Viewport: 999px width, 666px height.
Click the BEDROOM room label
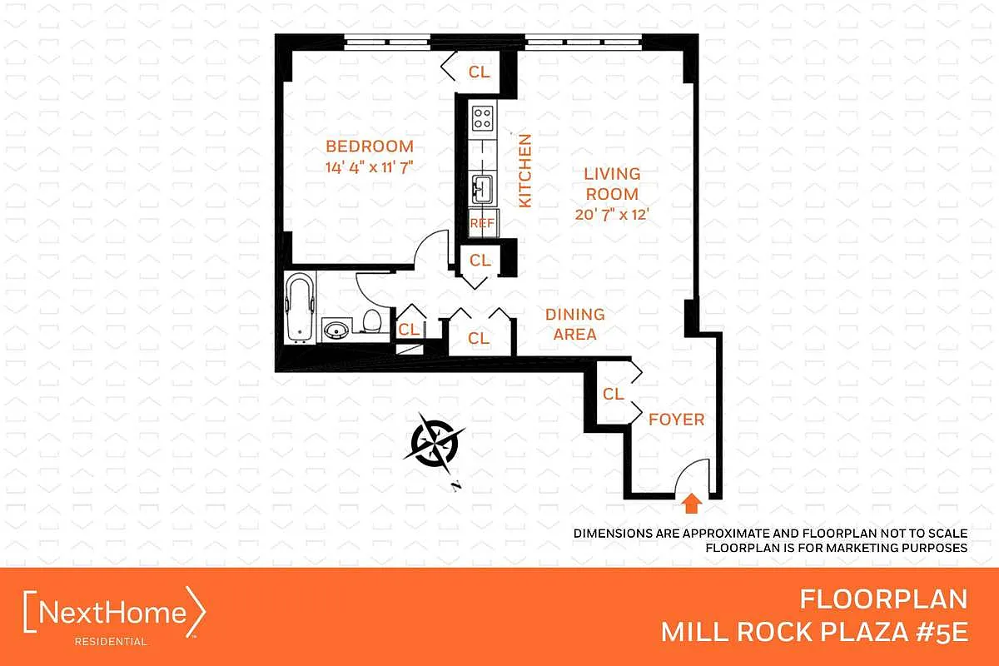pos(370,147)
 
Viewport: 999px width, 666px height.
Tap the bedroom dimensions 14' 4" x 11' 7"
pos(370,167)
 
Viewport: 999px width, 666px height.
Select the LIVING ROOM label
pos(612,184)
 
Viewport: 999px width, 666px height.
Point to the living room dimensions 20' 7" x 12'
pos(611,215)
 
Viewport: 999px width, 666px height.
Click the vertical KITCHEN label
pos(525,171)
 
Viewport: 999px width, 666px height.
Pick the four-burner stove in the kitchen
pos(483,117)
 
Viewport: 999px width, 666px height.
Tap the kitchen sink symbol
pos(483,188)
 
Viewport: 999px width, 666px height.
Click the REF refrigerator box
pos(483,222)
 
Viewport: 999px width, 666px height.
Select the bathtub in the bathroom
pos(300,308)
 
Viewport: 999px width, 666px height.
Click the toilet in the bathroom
pos(371,321)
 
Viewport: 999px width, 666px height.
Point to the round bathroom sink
pos(335,331)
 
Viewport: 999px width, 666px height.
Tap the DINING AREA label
pos(575,325)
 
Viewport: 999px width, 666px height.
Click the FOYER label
pos(677,420)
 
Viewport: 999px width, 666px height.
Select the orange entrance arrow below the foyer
pos(691,503)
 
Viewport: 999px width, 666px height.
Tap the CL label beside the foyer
pos(614,394)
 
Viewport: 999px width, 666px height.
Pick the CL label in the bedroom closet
pos(479,72)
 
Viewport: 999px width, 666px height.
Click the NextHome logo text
pos(112,612)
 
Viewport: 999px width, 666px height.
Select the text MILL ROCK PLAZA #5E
pos(814,632)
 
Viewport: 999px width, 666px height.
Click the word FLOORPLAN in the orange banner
pos(883,599)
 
